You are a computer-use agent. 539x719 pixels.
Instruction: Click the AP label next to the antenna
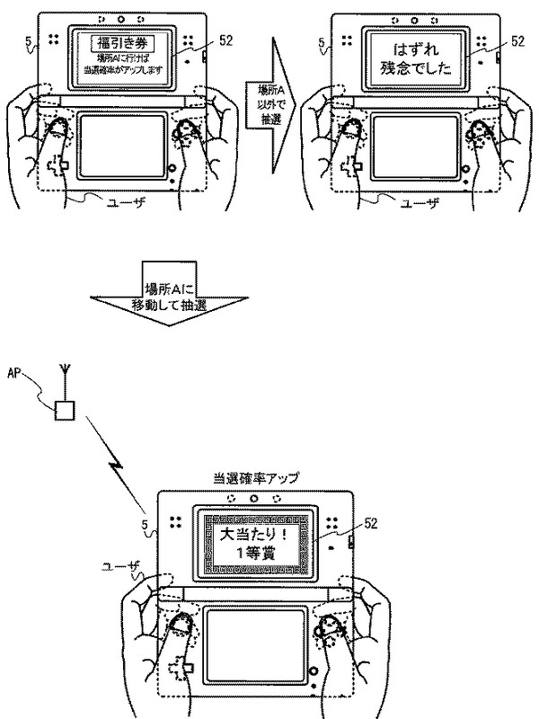tap(13, 370)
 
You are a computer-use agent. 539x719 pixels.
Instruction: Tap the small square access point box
tap(64, 413)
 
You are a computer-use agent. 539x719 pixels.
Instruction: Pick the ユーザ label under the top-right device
tap(416, 204)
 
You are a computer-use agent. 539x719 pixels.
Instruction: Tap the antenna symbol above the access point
tap(64, 372)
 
